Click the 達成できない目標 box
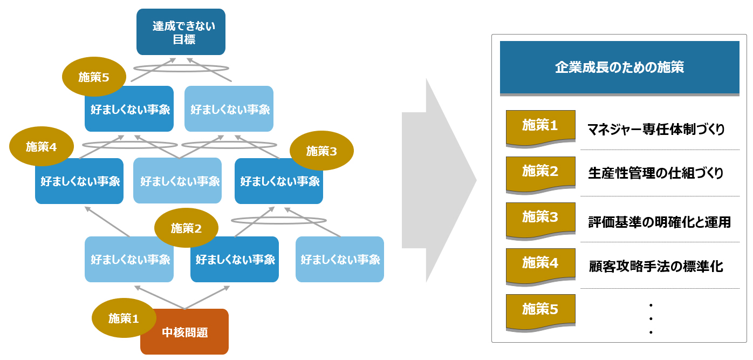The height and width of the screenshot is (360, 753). point(181,32)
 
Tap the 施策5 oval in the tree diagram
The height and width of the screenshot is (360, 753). point(94,77)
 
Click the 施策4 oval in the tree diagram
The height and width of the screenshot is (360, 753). point(42,146)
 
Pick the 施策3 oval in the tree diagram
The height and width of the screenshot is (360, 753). point(321,151)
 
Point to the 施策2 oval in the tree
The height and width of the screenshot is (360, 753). point(186,228)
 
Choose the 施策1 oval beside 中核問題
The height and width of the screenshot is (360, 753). point(124,318)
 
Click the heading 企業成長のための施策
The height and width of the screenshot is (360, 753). point(619,67)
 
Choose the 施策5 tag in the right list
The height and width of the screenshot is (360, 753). point(540,310)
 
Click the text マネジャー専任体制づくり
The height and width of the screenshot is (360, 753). point(656,130)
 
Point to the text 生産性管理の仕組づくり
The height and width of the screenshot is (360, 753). point(656,173)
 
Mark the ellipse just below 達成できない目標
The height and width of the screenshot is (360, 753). point(182,69)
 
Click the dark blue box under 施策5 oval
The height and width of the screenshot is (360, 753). point(129,110)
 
